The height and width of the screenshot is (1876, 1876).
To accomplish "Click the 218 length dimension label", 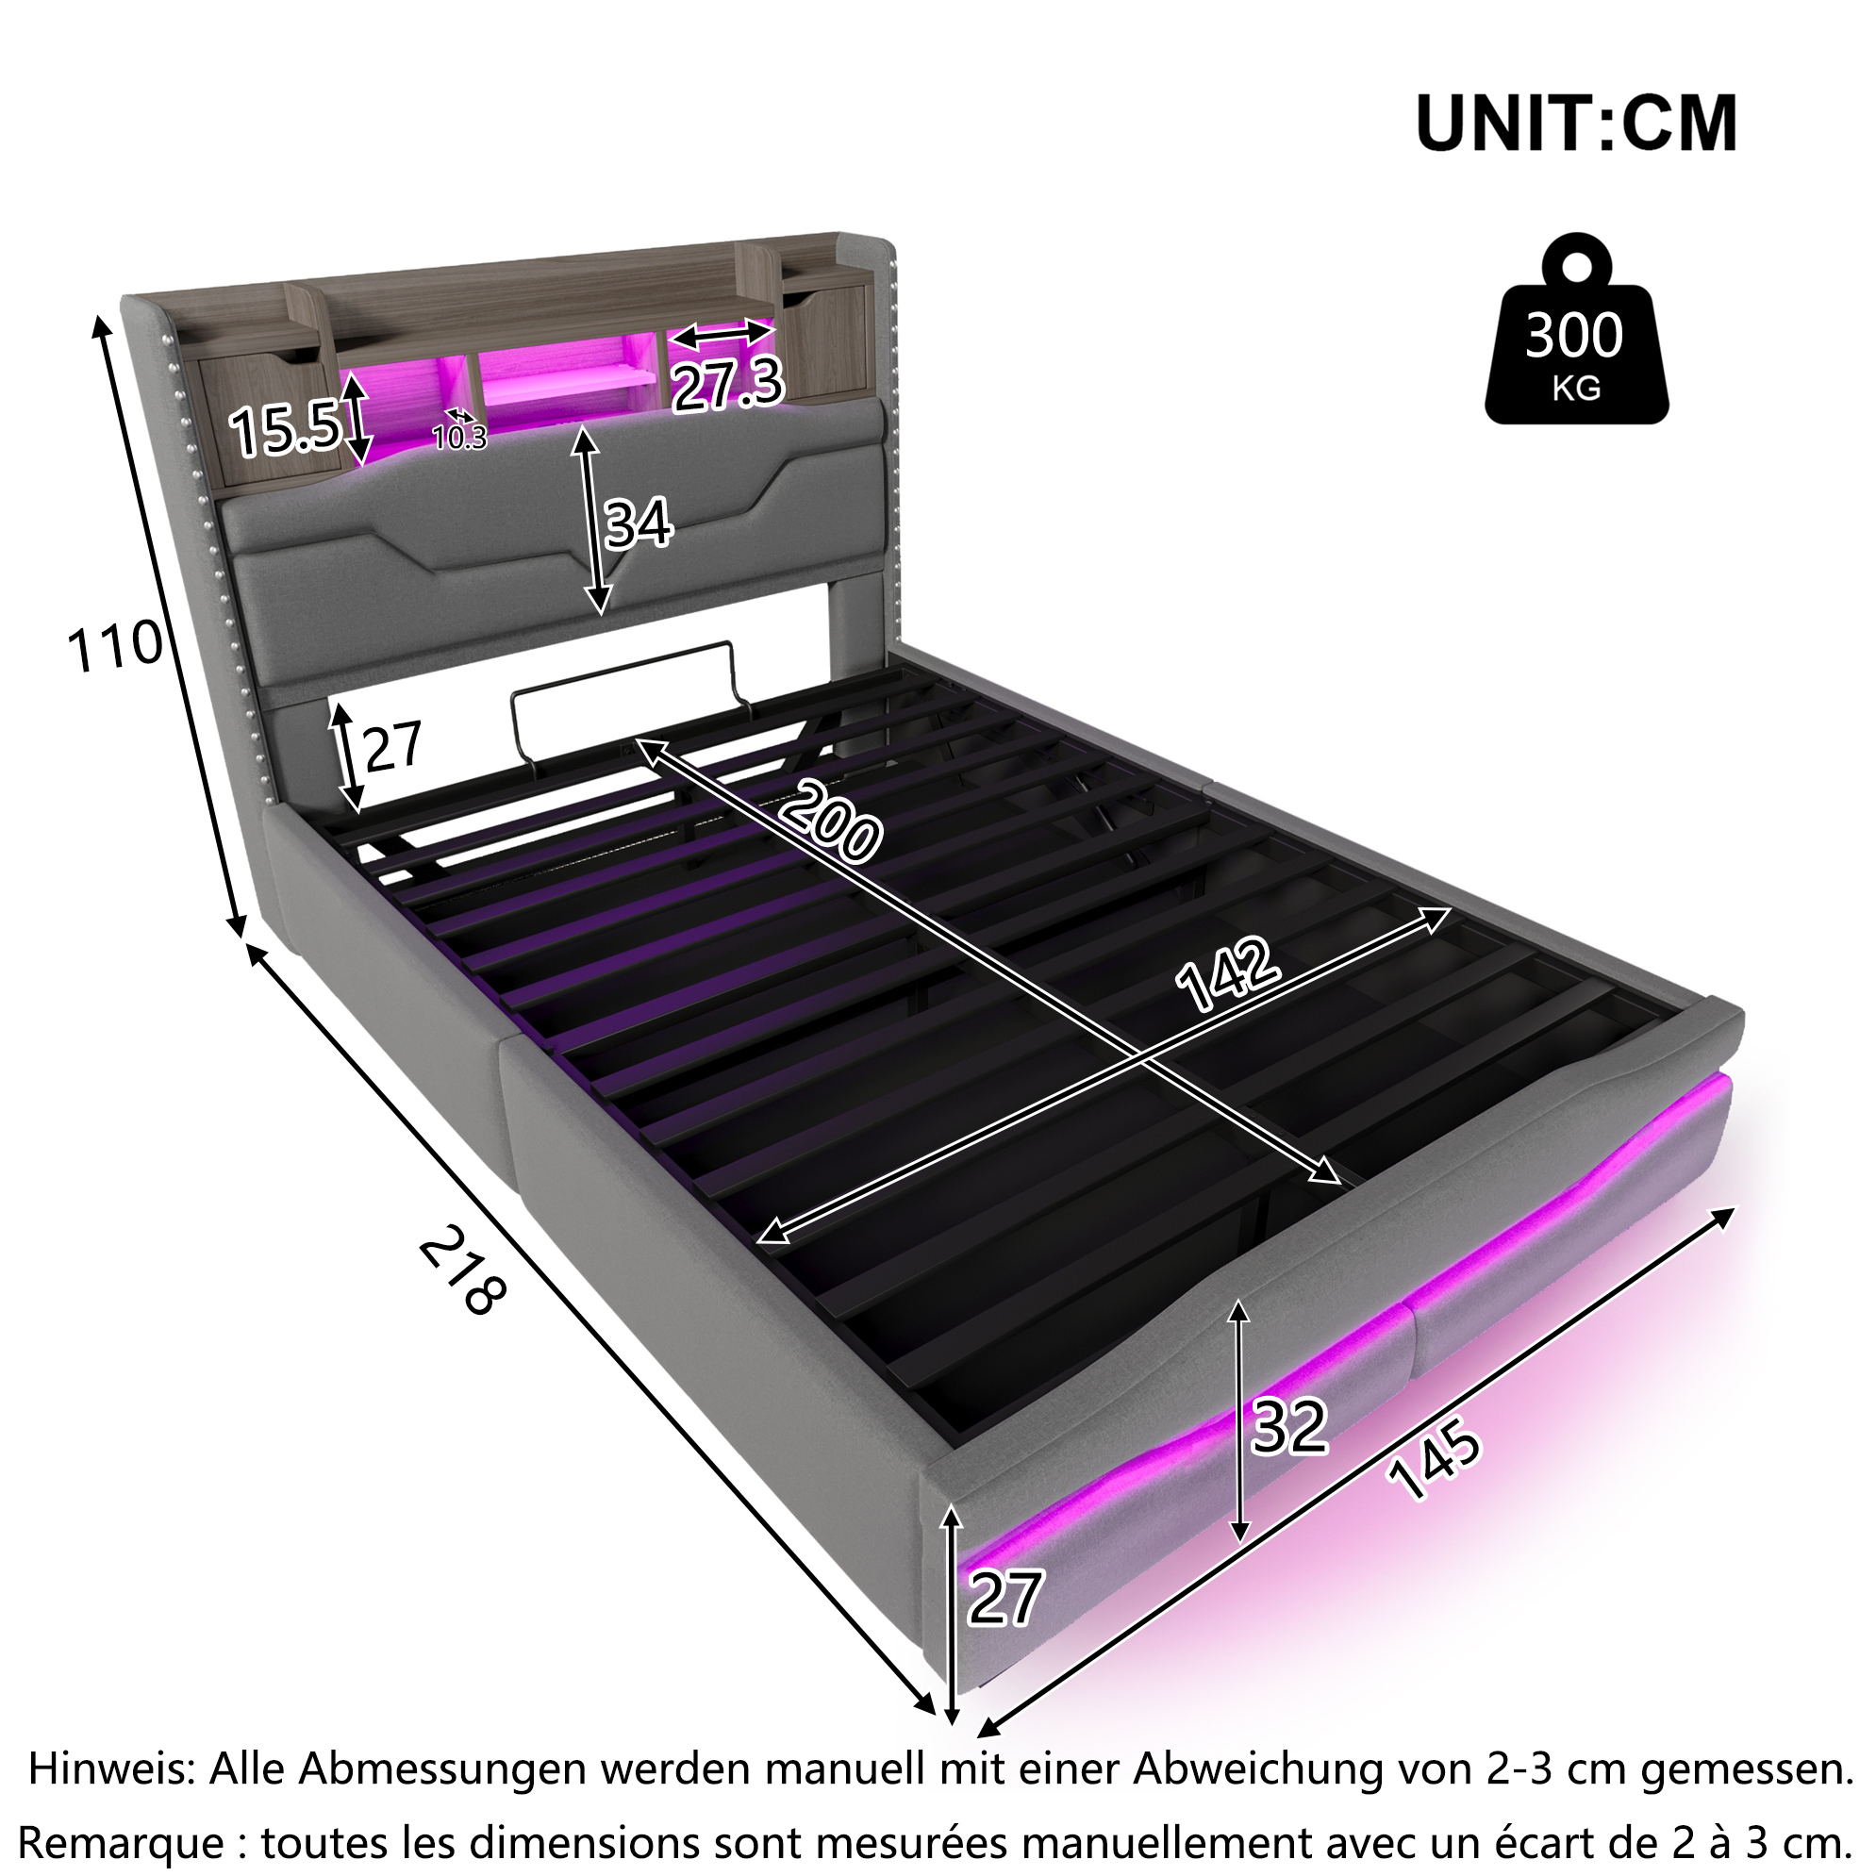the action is [462, 1270].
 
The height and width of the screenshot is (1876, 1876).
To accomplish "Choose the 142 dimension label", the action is [1227, 974].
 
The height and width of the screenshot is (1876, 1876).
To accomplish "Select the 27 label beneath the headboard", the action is [392, 746].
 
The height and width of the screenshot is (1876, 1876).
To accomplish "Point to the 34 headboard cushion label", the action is [638, 523].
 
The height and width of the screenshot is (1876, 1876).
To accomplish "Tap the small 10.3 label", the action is [459, 438].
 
